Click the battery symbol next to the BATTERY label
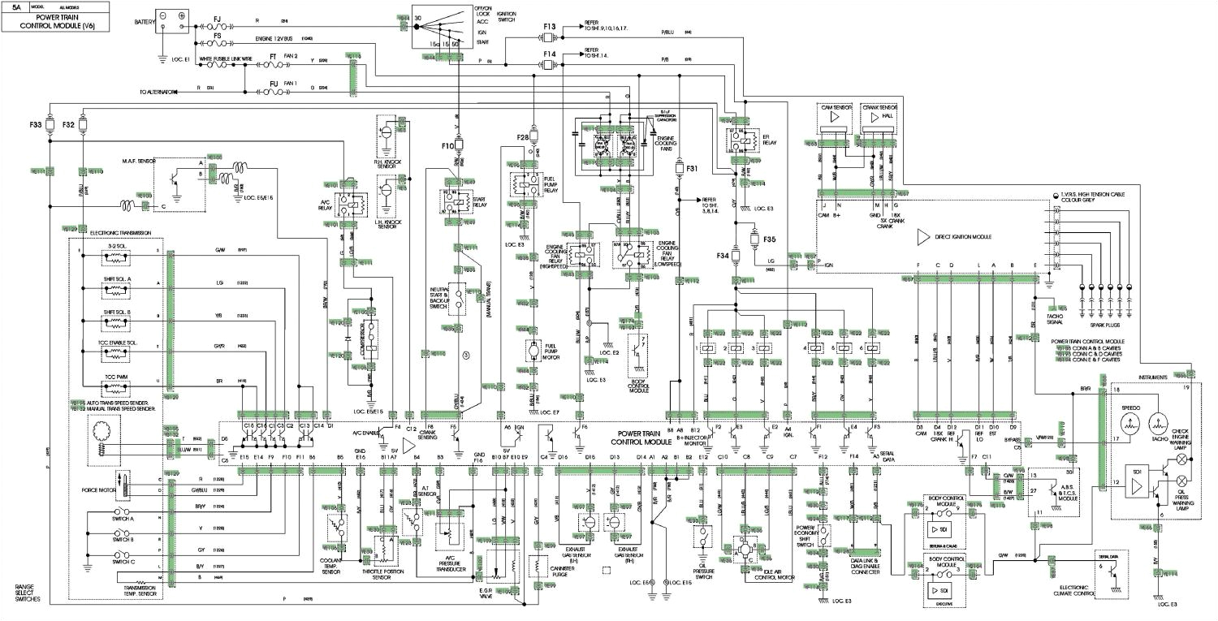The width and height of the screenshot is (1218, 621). coord(172,15)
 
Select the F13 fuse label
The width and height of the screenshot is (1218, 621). coord(551,28)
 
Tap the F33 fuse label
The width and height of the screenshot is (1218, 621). coord(35,126)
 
